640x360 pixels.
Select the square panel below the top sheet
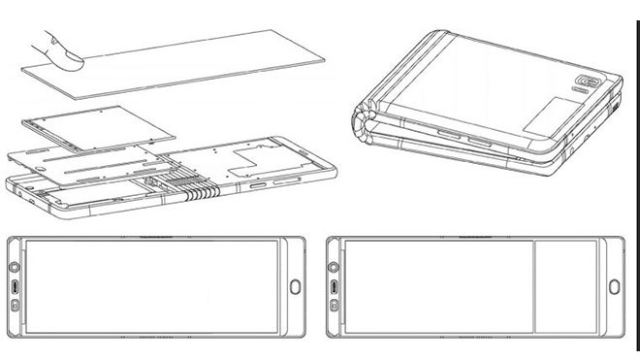point(93,135)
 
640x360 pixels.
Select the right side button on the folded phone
point(481,142)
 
